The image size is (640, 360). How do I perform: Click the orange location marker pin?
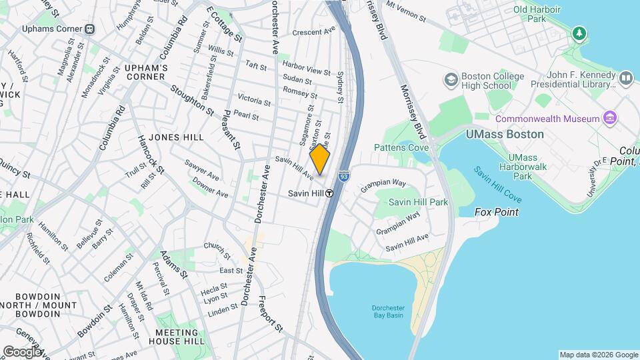[x=320, y=159]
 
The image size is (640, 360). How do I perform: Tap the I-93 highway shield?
[x=343, y=177]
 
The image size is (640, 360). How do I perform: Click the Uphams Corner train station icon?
[x=89, y=29]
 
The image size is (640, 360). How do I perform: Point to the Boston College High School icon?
[x=450, y=80]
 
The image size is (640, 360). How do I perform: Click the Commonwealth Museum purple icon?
[x=609, y=118]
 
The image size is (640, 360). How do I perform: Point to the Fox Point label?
[x=496, y=212]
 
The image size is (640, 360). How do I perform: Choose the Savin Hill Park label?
[x=418, y=201]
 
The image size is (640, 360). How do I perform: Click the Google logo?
[x=21, y=351]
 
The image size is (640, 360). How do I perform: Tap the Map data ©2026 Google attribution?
[x=598, y=355]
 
